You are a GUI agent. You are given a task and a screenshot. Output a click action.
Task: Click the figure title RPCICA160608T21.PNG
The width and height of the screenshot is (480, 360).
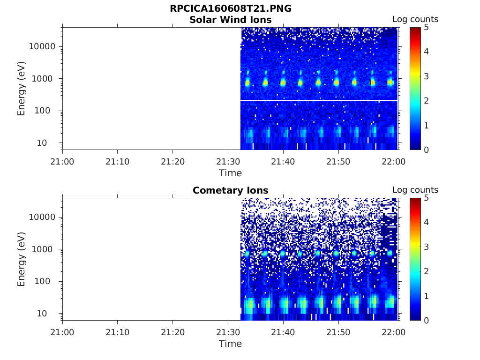(230, 9)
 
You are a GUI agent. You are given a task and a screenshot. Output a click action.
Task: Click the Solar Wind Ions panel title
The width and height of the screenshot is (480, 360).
(230, 20)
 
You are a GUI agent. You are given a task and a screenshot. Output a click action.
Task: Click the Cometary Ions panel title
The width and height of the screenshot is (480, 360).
(230, 190)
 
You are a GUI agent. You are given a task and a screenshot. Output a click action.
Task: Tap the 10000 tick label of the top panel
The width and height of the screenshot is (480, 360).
(42, 46)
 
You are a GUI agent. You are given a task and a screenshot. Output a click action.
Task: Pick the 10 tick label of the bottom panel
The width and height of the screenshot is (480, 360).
(49, 313)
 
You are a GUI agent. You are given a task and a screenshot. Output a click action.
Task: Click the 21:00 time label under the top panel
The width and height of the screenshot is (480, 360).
(62, 162)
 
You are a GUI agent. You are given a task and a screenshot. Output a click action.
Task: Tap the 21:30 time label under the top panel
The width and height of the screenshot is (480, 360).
(228, 162)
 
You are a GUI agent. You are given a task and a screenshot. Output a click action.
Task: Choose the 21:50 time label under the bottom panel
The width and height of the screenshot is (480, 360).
(338, 332)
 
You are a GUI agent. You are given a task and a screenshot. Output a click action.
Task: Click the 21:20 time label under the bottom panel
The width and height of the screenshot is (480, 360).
(173, 332)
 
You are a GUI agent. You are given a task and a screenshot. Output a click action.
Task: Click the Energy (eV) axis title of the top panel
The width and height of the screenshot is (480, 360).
(22, 89)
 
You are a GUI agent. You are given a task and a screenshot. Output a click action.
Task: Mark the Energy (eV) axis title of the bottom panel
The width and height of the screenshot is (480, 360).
(22, 259)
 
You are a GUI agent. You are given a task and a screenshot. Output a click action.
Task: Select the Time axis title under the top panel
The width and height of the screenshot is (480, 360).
(230, 173)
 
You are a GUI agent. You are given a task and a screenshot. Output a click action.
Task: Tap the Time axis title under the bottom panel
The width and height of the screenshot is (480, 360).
(230, 344)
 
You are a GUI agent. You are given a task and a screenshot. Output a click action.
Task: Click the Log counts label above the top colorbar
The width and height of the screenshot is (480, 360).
(415, 19)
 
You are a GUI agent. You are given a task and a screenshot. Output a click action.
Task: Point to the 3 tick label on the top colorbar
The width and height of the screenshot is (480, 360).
(427, 76)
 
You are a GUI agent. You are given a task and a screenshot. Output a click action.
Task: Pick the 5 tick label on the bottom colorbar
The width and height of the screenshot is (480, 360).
(427, 198)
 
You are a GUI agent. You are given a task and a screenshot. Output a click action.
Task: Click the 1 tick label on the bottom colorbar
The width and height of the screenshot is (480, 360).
(427, 296)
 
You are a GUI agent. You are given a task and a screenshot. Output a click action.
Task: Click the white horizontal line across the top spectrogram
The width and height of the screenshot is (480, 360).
(319, 100)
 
